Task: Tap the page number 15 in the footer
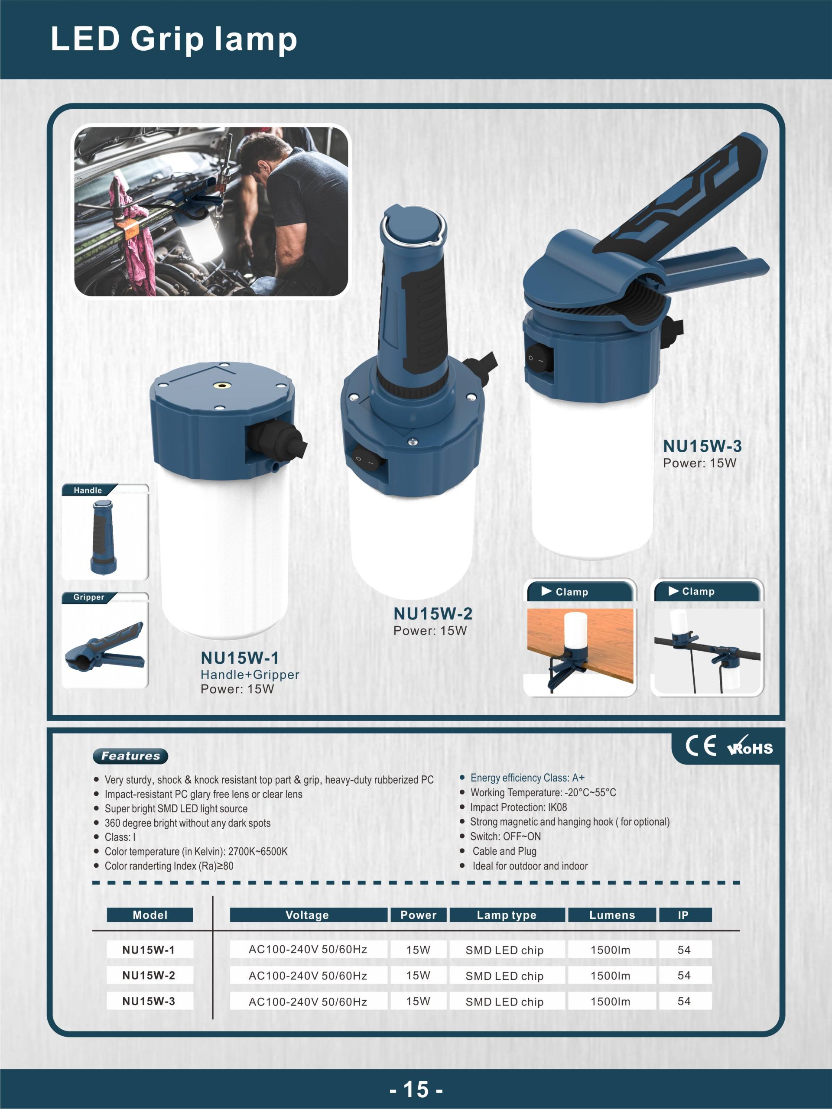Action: coord(416,1089)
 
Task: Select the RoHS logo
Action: coord(750,746)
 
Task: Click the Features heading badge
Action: coord(130,756)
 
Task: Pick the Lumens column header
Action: coord(612,915)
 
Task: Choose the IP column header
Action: coord(685,915)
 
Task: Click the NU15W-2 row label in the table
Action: coord(149,975)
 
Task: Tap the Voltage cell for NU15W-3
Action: coord(308,1001)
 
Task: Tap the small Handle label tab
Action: coord(89,490)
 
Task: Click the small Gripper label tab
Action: coord(89,597)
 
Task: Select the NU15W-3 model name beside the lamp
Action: coord(702,446)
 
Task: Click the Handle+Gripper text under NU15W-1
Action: coord(250,674)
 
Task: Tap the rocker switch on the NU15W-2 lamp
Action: coord(369,460)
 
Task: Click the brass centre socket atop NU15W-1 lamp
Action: coord(220,386)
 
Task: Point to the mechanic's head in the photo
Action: coord(264,156)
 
